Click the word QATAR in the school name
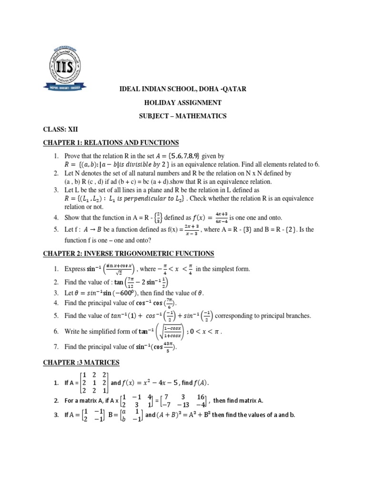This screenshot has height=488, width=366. (219, 89)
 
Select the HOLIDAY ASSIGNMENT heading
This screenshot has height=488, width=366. (183, 102)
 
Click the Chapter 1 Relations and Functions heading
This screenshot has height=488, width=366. (111, 142)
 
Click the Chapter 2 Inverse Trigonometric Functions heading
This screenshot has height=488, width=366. (128, 253)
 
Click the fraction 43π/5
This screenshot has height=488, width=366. (169, 347)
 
